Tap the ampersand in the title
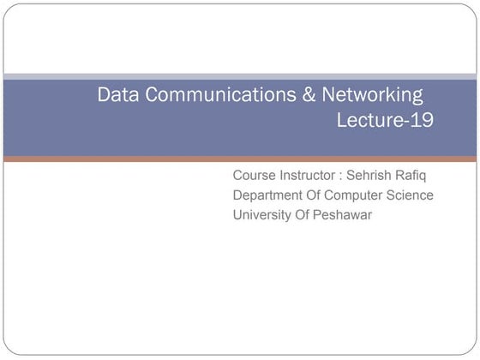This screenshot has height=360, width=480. tap(310, 94)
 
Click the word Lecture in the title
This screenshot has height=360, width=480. tap(368, 121)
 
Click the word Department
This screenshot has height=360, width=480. tap(270, 195)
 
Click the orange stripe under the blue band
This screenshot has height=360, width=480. tap(240, 159)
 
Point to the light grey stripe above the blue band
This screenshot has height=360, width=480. tap(240, 76)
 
